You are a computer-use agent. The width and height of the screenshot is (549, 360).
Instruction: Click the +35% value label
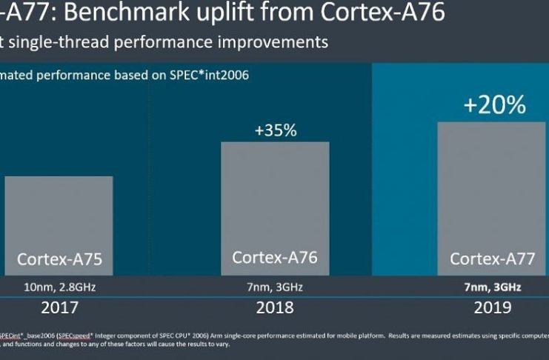tap(275, 130)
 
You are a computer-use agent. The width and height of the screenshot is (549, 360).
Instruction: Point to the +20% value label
tap(494, 105)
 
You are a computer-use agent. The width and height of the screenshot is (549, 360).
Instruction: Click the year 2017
tap(59, 307)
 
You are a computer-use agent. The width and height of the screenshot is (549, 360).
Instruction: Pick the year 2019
tap(491, 307)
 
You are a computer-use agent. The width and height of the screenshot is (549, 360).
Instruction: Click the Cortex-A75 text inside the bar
tap(59, 259)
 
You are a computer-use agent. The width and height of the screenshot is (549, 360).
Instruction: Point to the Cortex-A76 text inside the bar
tap(275, 258)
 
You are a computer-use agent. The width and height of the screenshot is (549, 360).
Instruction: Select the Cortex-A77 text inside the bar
tap(491, 259)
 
